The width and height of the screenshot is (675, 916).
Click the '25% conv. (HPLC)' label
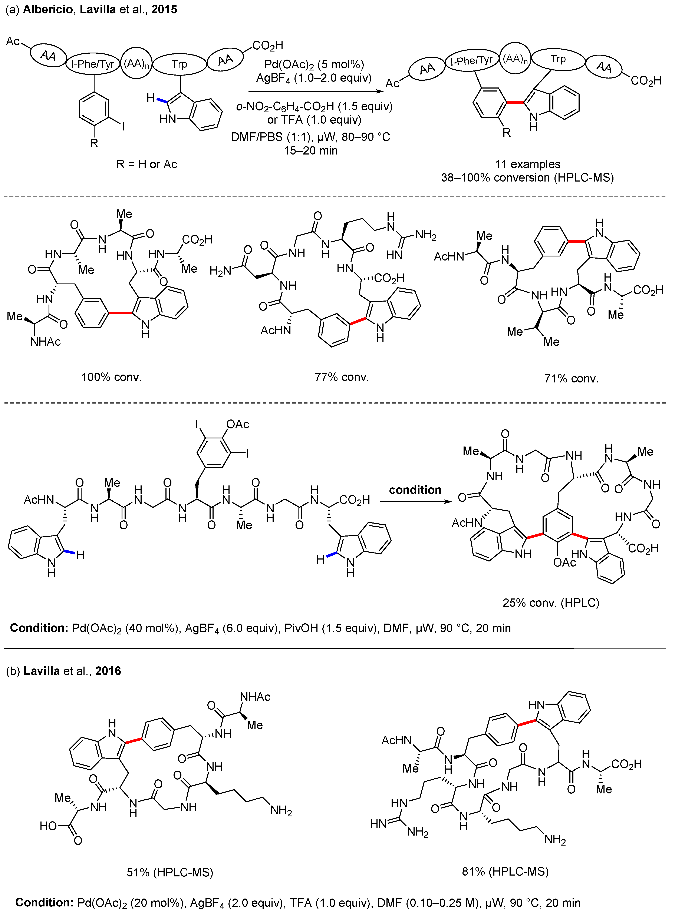(x=551, y=602)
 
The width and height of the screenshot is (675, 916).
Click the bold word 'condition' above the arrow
(x=415, y=490)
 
